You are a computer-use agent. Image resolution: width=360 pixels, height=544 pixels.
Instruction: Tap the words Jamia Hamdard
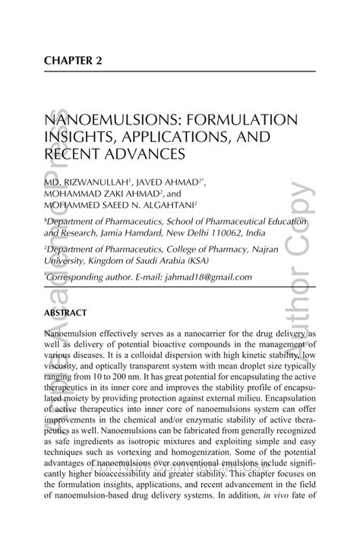pos(125,234)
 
